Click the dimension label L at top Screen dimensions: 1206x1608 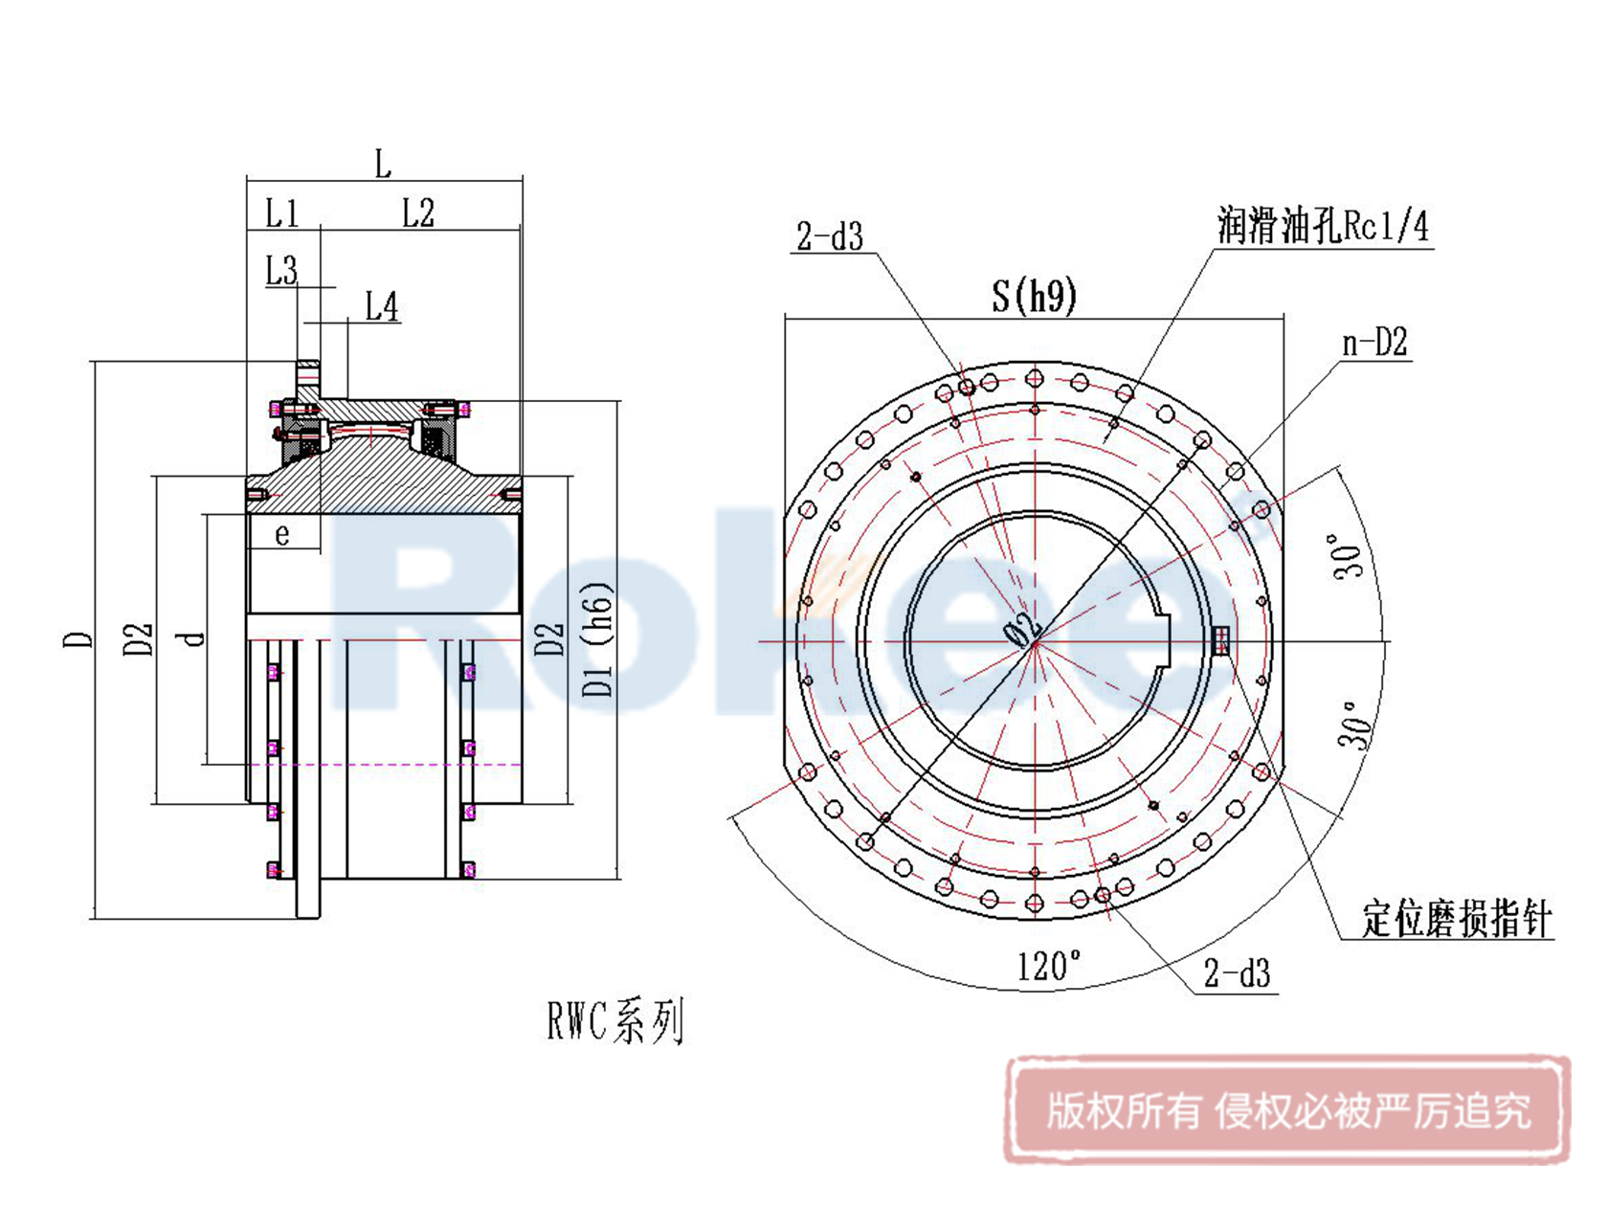point(383,165)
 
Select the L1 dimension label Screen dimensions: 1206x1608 point(281,213)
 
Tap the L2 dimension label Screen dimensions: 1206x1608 point(417,213)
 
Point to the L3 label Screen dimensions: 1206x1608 point(281,271)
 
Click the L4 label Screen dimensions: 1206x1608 point(382,307)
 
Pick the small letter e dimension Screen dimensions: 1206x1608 point(282,534)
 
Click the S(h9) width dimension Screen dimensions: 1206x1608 point(1034,296)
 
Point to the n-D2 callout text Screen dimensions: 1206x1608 point(1374,343)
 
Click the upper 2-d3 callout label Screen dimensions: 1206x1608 point(830,236)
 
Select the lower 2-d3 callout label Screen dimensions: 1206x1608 point(1237,974)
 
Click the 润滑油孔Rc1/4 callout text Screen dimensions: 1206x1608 point(1323,226)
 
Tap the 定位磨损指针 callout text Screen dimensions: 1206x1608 point(1456,919)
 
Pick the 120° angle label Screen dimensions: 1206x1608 point(1049,966)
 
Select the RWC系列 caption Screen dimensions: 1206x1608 point(615,1022)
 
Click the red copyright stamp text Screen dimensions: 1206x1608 point(1287,1111)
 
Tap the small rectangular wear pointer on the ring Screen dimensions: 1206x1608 point(1220,640)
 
